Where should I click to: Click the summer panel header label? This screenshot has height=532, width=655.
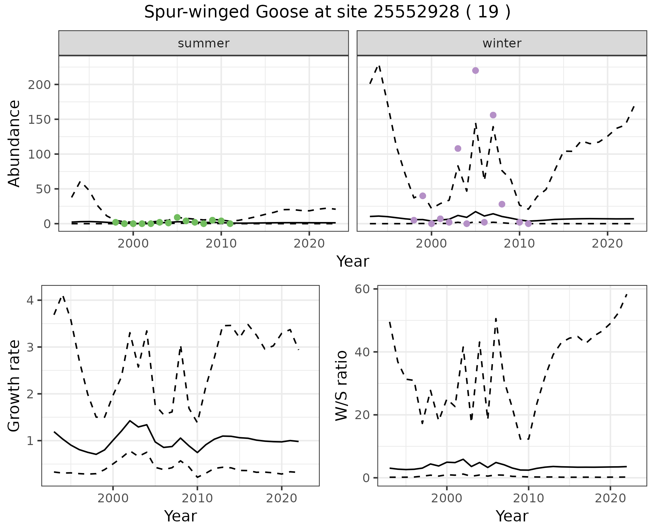pos(203,43)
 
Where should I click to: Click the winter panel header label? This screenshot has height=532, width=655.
pos(501,43)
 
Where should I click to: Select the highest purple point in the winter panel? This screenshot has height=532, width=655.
pos(475,71)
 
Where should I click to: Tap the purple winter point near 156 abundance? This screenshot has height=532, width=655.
pos(493,115)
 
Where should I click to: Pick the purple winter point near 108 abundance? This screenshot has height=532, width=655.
pos(458,148)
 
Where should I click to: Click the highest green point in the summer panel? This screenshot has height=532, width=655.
pos(177,218)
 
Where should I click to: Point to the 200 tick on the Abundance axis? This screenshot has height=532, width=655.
pos(39,85)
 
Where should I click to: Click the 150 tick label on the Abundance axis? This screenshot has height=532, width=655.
pos(39,119)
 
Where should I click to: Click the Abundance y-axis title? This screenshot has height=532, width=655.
pos(14,143)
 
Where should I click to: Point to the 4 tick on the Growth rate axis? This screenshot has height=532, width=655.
pos(31,300)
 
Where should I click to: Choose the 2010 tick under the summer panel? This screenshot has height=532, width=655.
pos(221,243)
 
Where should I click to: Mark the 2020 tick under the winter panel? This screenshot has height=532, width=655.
pos(607,243)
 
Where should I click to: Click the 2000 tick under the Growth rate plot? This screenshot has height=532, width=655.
pos(113,498)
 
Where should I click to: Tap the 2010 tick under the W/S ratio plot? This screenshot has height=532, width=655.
pos(528,498)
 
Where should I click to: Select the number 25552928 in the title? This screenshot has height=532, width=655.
pos(416,12)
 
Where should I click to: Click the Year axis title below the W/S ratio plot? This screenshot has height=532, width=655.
pos(512,516)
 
